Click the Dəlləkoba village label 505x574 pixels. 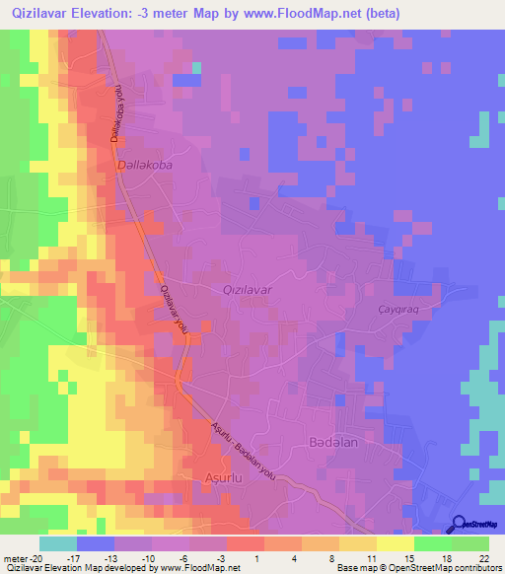pyautogui.click(x=144, y=166)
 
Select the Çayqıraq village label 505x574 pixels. pyautogui.click(x=400, y=308)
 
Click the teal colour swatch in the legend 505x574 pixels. pyautogui.click(x=57, y=542)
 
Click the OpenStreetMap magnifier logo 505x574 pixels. pyautogui.click(x=459, y=524)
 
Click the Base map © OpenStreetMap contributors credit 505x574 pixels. pyautogui.click(x=417, y=568)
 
